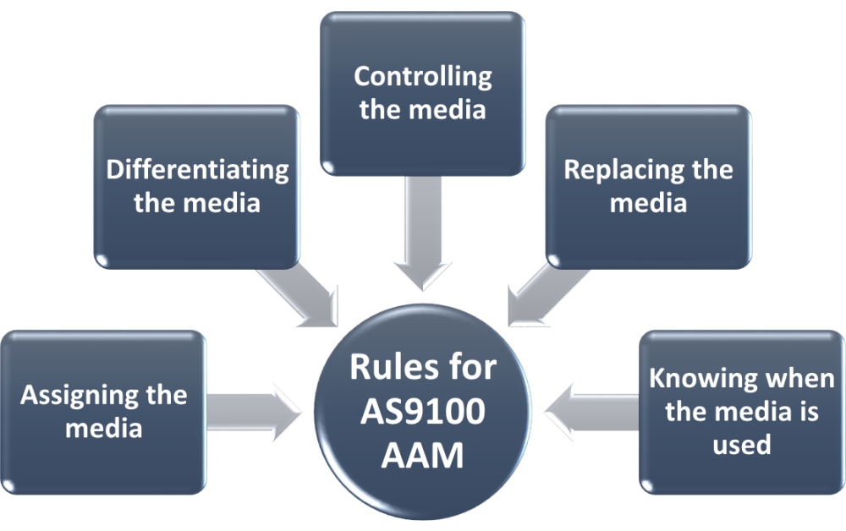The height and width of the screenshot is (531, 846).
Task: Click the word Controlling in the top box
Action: [x=422, y=77]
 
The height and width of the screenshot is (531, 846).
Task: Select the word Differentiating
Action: [x=197, y=170]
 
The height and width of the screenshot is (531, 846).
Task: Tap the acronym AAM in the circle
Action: [x=423, y=456]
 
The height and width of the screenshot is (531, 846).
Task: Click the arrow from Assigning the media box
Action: [x=254, y=412]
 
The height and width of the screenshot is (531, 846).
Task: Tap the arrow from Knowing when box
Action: [x=592, y=412]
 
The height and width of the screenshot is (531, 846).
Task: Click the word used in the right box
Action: [x=741, y=444]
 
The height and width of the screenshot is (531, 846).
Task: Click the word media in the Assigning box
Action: [x=103, y=428]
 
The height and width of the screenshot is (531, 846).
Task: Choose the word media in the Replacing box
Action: [x=648, y=203]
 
